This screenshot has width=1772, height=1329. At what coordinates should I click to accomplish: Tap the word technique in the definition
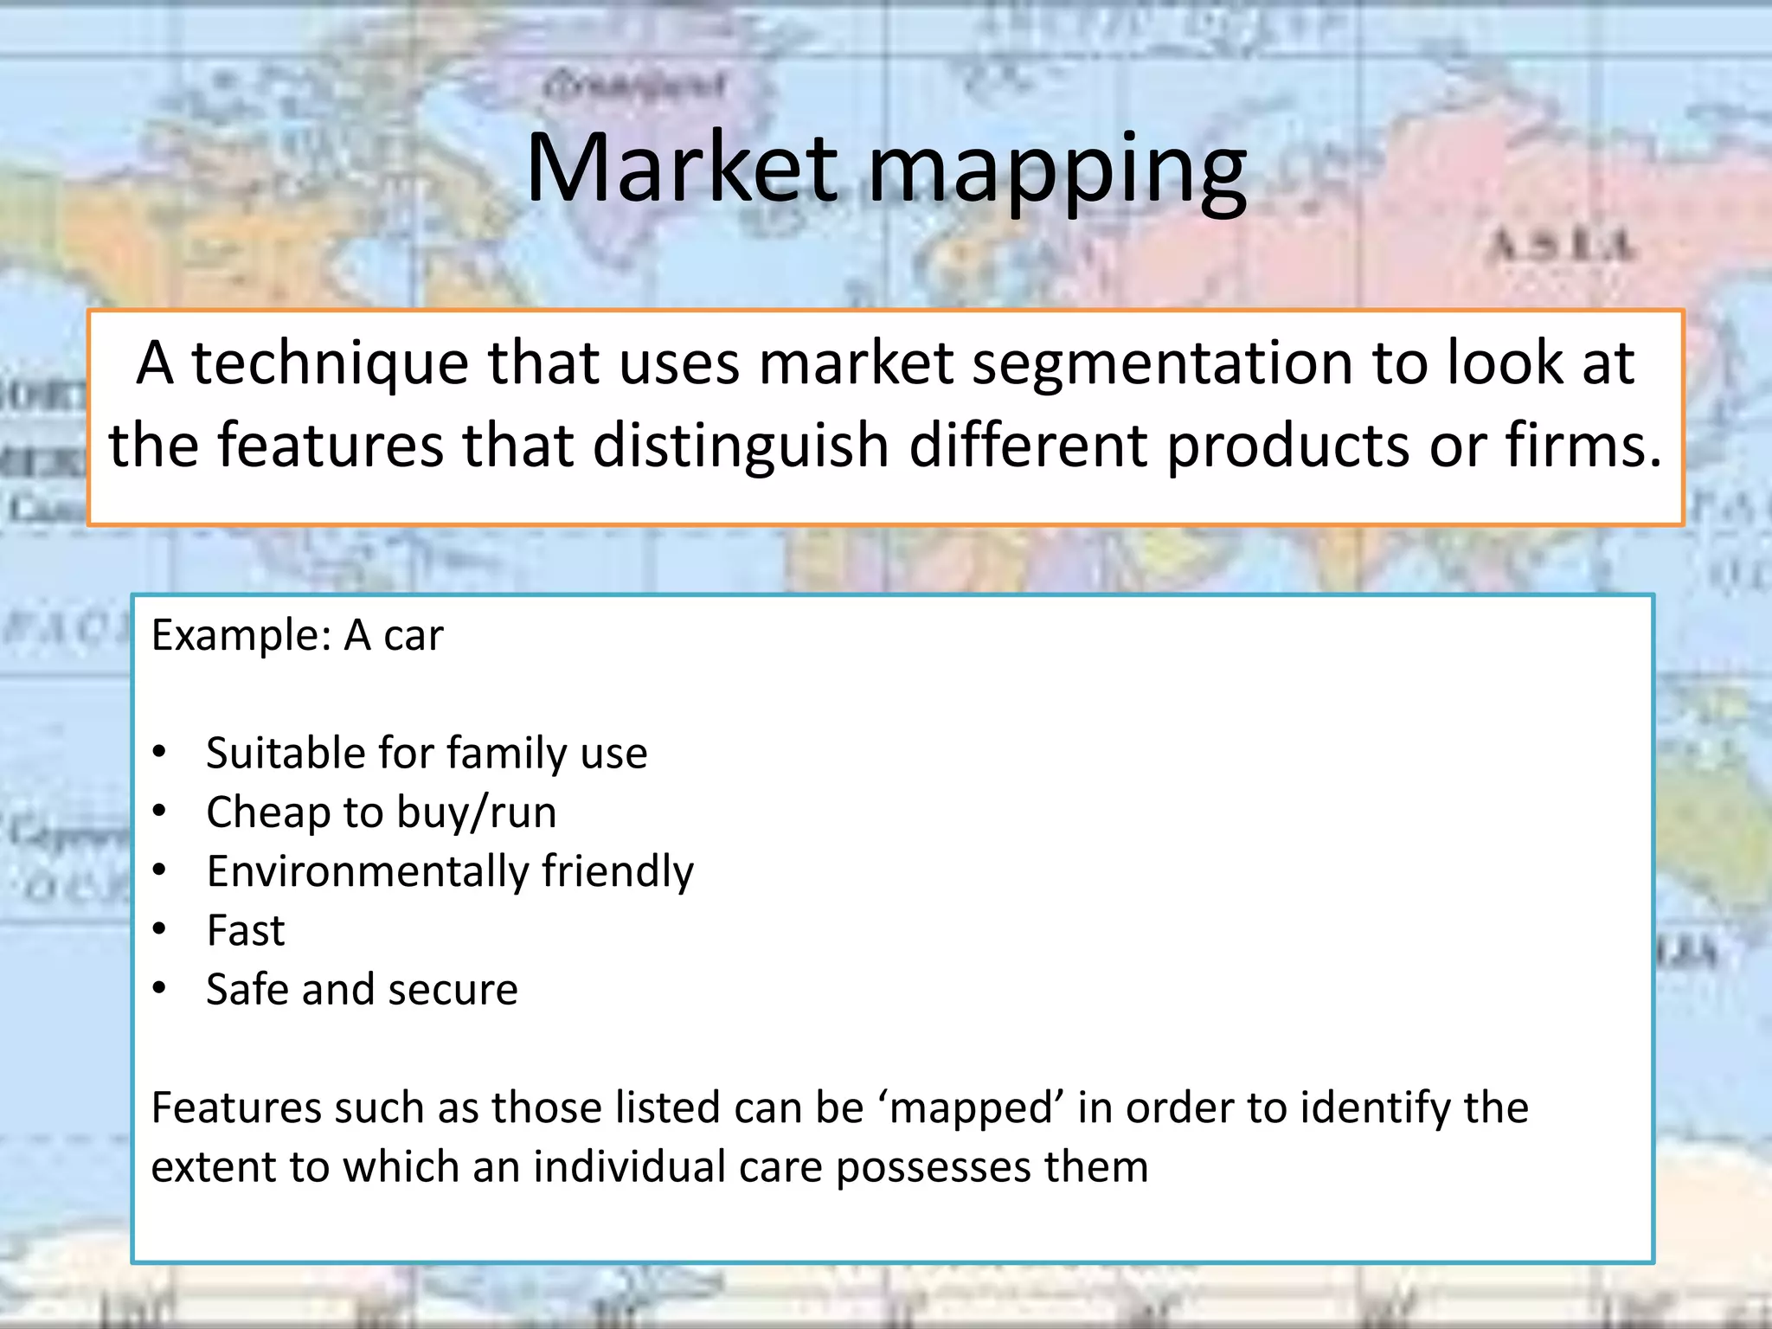tap(329, 363)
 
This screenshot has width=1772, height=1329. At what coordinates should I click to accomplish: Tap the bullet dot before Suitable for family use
tap(159, 753)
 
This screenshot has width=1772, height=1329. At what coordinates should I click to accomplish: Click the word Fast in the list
tap(246, 931)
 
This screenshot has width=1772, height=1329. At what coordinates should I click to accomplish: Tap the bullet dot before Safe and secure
tap(159, 989)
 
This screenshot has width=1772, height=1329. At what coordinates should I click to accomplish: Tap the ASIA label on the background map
tap(1561, 246)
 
